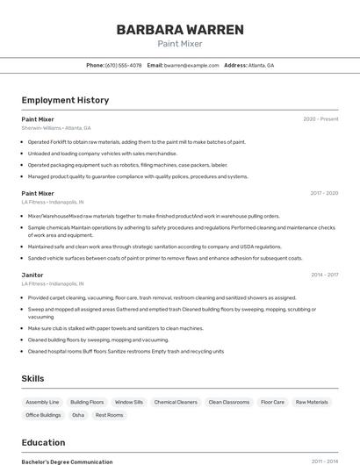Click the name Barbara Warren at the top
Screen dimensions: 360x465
(180, 29)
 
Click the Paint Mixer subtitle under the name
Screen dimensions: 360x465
(180, 43)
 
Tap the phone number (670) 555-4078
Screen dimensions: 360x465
(123, 65)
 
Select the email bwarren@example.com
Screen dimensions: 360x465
(191, 65)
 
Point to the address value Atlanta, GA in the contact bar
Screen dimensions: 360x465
(262, 65)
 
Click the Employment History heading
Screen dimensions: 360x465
(65, 100)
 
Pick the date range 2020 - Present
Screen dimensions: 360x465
(320, 118)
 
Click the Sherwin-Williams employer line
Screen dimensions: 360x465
(56, 128)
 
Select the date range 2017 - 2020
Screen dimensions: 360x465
(324, 192)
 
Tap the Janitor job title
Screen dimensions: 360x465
(32, 275)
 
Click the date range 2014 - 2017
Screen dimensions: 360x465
(324, 275)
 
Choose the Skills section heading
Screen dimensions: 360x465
(33, 378)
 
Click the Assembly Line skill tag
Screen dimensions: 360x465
(42, 402)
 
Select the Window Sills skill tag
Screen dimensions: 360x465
(128, 402)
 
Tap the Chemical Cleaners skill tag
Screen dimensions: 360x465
(176, 402)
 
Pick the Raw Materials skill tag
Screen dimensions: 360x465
(312, 402)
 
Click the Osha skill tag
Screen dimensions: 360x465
(78, 415)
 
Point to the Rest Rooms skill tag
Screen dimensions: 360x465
(109, 415)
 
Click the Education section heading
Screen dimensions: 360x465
(43, 442)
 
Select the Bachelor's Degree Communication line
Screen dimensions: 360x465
(67, 461)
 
